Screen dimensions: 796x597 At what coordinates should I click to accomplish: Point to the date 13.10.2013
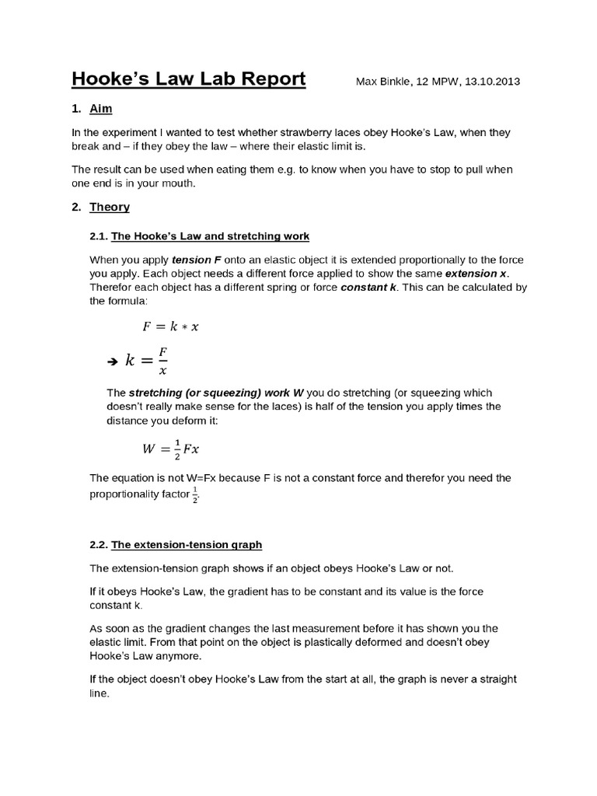pyautogui.click(x=492, y=82)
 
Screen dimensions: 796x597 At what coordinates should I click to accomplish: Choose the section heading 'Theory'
pyautogui.click(x=110, y=207)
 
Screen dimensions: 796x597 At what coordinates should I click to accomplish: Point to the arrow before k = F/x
pyautogui.click(x=110, y=361)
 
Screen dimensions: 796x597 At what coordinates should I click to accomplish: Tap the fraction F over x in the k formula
pyautogui.click(x=162, y=360)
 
